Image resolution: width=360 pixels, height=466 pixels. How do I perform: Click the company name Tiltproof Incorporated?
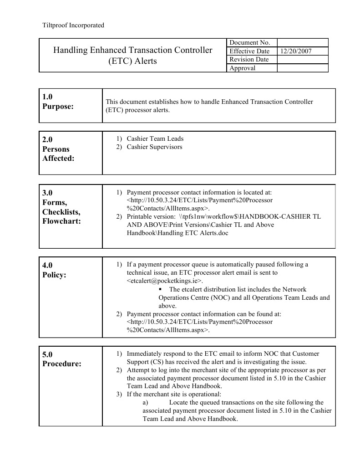click(73, 25)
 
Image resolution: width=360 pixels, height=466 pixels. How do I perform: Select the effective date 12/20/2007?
click(296, 51)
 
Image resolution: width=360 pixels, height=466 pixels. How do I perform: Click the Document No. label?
click(249, 43)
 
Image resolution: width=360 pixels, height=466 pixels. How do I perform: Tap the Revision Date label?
click(249, 60)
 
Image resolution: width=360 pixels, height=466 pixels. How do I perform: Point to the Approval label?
click(243, 68)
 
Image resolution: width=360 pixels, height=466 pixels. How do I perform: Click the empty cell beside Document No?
click(302, 43)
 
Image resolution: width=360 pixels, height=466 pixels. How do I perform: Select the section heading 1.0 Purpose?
click(57, 102)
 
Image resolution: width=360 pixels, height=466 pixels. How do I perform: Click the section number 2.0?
click(48, 139)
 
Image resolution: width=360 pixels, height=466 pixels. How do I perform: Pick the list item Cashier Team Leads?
click(155, 138)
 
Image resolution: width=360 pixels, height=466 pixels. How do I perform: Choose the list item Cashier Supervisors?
click(154, 147)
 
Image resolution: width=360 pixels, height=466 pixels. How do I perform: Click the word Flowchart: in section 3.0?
click(61, 221)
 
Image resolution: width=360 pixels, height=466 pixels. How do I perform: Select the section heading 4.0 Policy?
click(54, 270)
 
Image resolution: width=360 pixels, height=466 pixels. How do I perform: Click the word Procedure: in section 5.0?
click(62, 364)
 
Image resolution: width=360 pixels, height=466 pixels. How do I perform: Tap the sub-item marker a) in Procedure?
click(146, 402)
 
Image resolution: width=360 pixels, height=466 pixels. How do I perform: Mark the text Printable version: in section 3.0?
click(148, 216)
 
